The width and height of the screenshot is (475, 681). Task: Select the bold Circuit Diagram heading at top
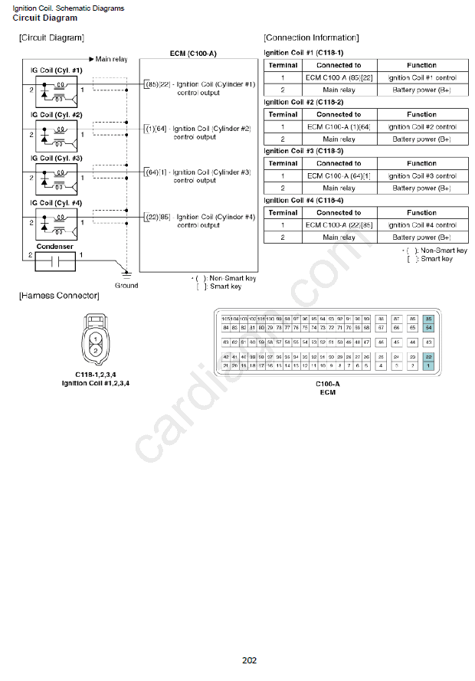(45, 18)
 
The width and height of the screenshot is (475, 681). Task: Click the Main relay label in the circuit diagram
(111, 59)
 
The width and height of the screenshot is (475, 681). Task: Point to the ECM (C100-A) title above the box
(192, 53)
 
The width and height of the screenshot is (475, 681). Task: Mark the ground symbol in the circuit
(128, 273)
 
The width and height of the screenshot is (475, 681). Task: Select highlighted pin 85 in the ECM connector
(429, 319)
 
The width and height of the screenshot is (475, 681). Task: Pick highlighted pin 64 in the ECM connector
(429, 328)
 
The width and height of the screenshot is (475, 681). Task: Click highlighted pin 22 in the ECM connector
(429, 357)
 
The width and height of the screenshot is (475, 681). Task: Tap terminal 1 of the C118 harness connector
(95, 338)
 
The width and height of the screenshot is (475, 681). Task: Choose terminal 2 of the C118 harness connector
(95, 350)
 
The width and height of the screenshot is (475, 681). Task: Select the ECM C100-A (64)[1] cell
(339, 175)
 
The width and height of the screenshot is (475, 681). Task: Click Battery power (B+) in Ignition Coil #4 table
(421, 237)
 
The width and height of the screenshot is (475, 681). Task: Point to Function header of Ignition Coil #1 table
(421, 65)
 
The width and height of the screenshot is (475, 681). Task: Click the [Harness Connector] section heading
(59, 296)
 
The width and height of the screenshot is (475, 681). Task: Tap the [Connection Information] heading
(311, 38)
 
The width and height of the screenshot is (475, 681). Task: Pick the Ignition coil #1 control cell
(422, 77)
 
